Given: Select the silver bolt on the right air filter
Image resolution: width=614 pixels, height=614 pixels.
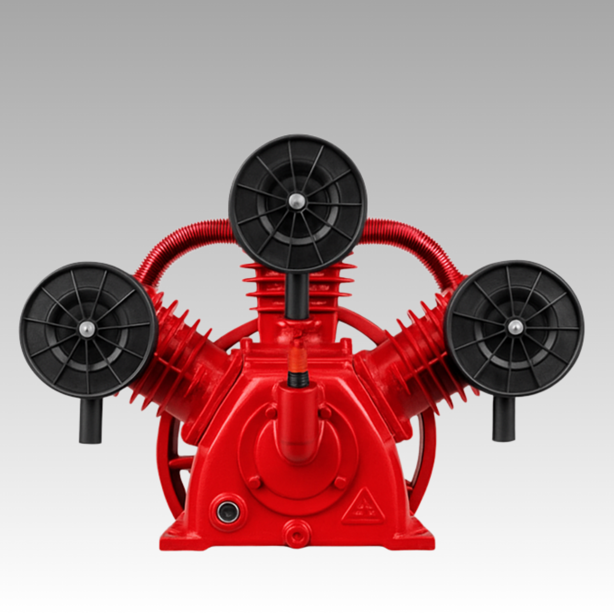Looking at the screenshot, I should point(515,327).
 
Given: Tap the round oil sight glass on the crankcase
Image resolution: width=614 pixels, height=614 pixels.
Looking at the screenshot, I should point(228,512).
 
